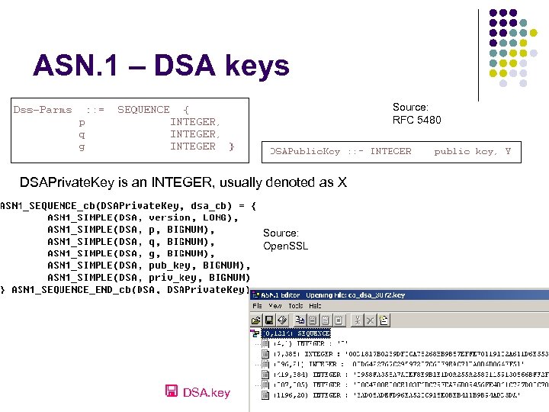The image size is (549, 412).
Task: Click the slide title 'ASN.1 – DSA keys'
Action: pos(161,66)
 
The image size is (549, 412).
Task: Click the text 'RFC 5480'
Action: pos(416,120)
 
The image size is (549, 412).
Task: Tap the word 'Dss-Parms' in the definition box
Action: pos(43,110)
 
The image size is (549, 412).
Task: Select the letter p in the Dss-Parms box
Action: pos(82,122)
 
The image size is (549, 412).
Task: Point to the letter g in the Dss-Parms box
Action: pos(82,146)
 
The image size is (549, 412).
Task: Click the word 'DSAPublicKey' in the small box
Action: pos(305,151)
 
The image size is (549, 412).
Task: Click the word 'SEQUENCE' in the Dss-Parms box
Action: pos(143,110)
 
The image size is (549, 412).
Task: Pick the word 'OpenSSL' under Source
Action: pos(286,246)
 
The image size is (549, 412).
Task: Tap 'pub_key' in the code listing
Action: pos(169,266)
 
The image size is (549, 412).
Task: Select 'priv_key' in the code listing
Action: pos(172,278)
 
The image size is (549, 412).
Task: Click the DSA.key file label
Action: pos(206,392)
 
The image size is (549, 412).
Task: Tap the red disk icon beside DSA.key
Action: pos(172,392)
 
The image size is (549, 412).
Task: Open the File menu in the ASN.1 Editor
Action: pos(258,305)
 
